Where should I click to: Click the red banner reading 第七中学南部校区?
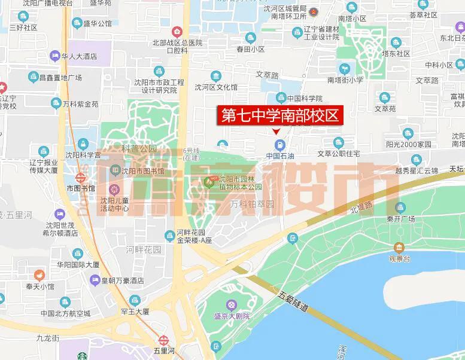[x=280, y=115]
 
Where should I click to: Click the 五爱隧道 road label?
[x=293, y=303]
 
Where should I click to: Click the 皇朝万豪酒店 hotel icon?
[x=95, y=280]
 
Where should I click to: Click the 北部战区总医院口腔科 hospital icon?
[x=177, y=32]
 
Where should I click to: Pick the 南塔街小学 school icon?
[x=344, y=69]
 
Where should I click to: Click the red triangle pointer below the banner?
[x=276, y=132]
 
